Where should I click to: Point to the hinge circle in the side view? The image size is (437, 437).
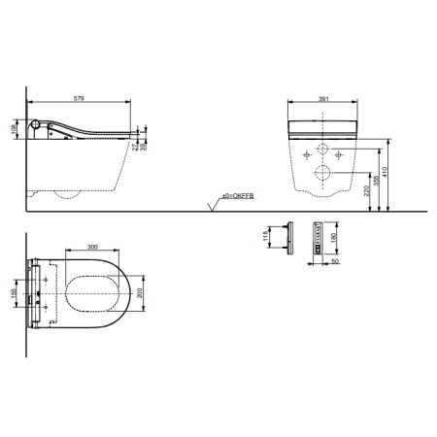tap(38, 124)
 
